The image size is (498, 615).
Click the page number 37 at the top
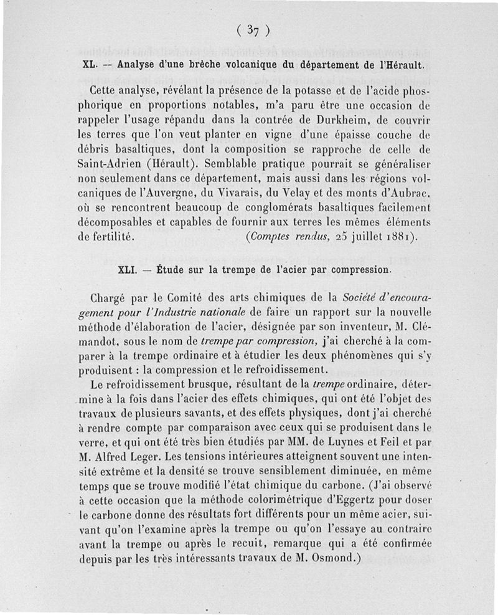tap(252, 29)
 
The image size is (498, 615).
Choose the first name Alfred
tap(117, 457)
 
